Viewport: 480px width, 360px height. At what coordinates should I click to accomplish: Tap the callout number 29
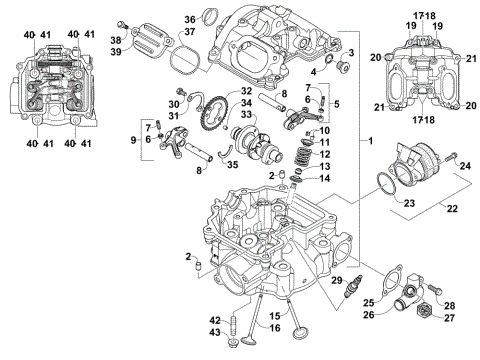point(337,281)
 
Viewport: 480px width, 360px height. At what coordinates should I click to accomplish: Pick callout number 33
point(245,115)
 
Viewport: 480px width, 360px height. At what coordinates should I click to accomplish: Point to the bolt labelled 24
point(450,158)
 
